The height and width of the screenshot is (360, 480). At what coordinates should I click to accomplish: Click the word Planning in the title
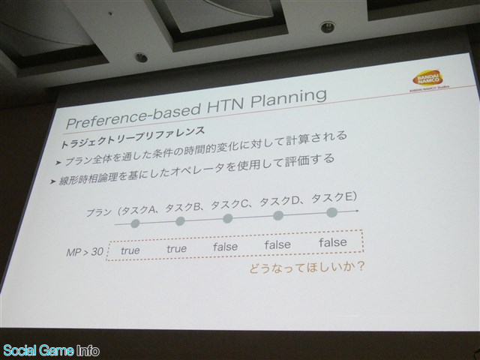coord(288,98)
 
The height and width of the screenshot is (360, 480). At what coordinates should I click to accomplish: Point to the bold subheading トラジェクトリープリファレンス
coord(133,138)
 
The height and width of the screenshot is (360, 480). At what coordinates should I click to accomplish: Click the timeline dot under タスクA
coord(135,223)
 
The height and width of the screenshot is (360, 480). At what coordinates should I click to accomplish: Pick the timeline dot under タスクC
coord(227,218)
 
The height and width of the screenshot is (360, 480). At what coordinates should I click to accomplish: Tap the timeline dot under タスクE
coord(331,212)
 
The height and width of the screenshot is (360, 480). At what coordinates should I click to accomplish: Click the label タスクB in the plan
coord(181,208)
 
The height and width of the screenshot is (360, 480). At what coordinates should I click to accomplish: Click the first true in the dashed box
coord(130,250)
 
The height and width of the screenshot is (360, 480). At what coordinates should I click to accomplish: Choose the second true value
coord(177,248)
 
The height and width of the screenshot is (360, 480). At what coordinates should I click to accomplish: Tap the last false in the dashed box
coord(333,242)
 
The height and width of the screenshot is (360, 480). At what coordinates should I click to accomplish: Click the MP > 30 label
coord(85,253)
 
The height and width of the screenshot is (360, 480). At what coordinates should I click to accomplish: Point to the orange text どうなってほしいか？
coord(307,268)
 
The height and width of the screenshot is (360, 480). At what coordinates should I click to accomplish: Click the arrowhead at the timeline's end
coord(357,211)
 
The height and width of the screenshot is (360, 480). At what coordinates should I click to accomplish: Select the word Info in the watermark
coord(88,350)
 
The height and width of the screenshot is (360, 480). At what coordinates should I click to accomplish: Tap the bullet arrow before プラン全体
coord(58,163)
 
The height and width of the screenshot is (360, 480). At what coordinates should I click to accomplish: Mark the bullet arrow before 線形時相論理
coord(52,181)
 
